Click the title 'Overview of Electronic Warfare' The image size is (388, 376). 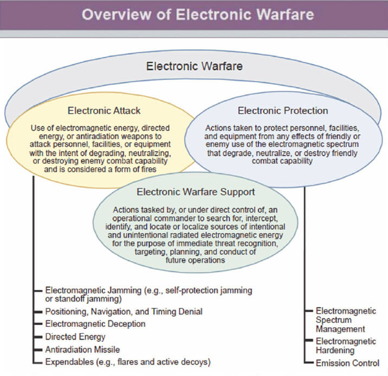pos(193,14)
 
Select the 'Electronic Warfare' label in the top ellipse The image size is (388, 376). pos(195,67)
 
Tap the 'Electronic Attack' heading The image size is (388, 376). pos(104,111)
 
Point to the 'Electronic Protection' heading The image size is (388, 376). pos(282,111)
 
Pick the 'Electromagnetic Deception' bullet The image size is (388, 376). pos(95,324)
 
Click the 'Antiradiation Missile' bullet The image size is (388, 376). pos(82,349)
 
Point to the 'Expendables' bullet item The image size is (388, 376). pos(127,361)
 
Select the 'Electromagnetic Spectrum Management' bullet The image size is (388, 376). pos(346,320)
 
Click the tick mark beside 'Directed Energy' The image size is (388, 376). pos(39,337)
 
